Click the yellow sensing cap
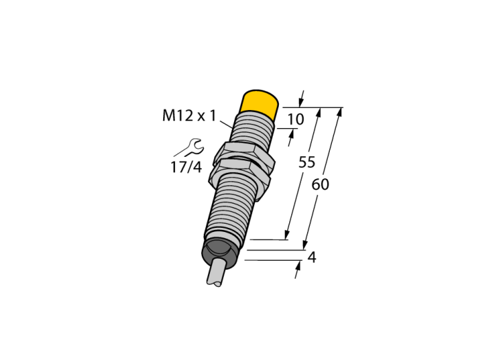(x=259, y=104)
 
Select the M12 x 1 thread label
(x=189, y=116)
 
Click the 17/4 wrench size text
(x=187, y=167)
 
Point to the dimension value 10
(x=295, y=119)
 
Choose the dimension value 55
(x=307, y=162)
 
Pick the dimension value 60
(x=320, y=184)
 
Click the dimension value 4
(x=312, y=257)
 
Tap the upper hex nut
(x=243, y=153)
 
